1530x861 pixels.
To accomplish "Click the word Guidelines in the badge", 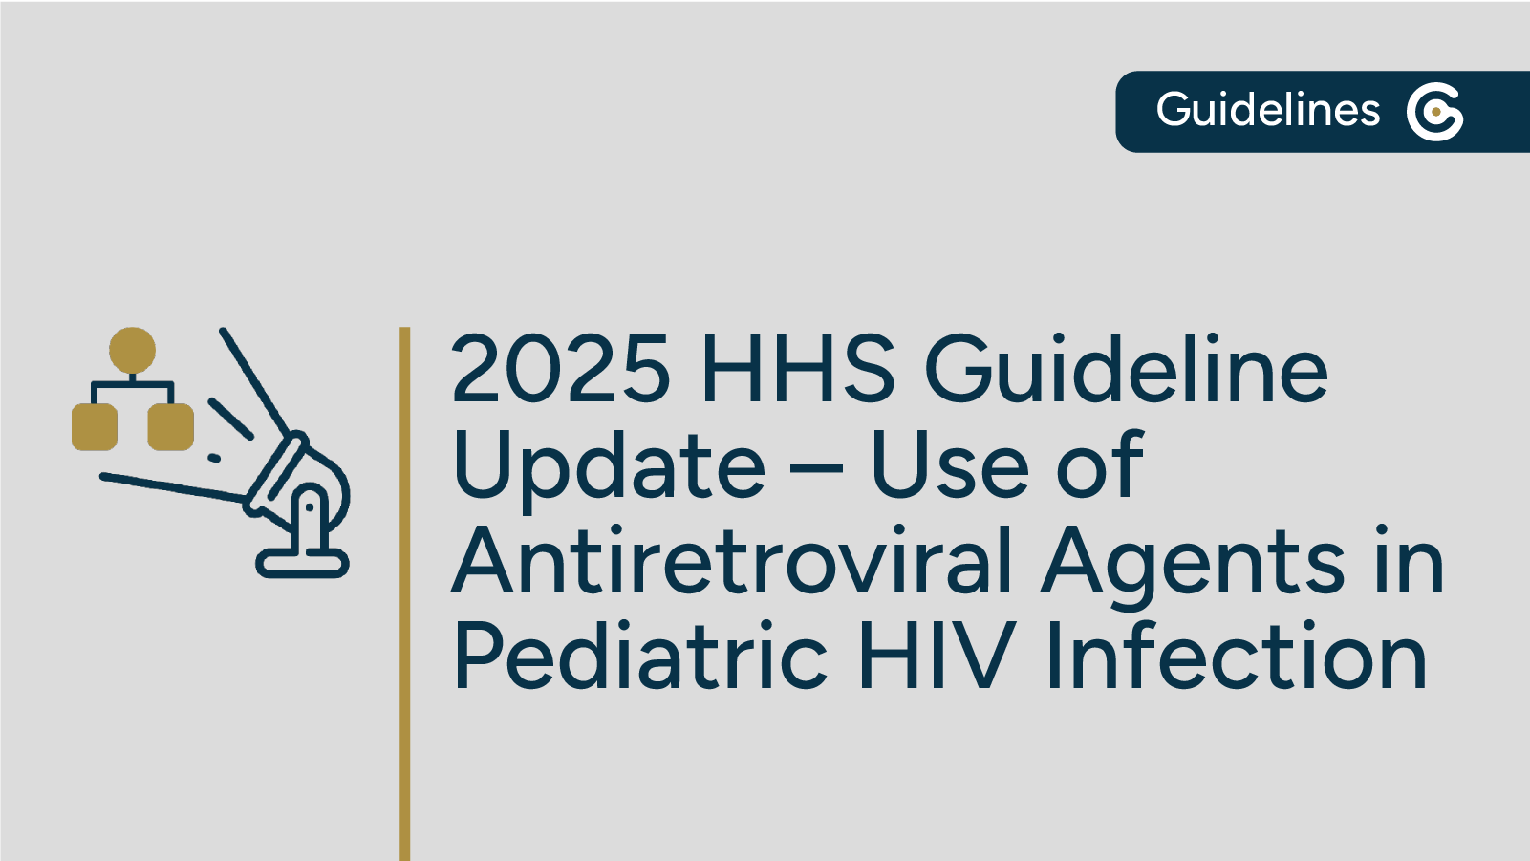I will [x=1267, y=111].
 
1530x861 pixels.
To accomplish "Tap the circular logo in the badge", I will [x=1434, y=112].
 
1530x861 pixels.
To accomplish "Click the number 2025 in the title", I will [x=561, y=370].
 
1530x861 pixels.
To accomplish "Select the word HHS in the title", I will [x=798, y=370].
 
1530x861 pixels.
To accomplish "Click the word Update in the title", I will [x=609, y=466].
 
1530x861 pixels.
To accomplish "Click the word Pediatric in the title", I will [x=640, y=657].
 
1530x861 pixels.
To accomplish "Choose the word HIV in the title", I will [x=936, y=657].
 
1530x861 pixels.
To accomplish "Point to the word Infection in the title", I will [x=1237, y=657].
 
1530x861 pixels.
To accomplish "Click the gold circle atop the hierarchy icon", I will [x=132, y=351].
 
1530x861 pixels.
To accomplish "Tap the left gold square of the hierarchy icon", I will [x=95, y=426].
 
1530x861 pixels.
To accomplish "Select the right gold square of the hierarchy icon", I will [x=170, y=426].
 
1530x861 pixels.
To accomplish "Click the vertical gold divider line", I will [x=405, y=592].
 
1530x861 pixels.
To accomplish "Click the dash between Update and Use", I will [x=817, y=470].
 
